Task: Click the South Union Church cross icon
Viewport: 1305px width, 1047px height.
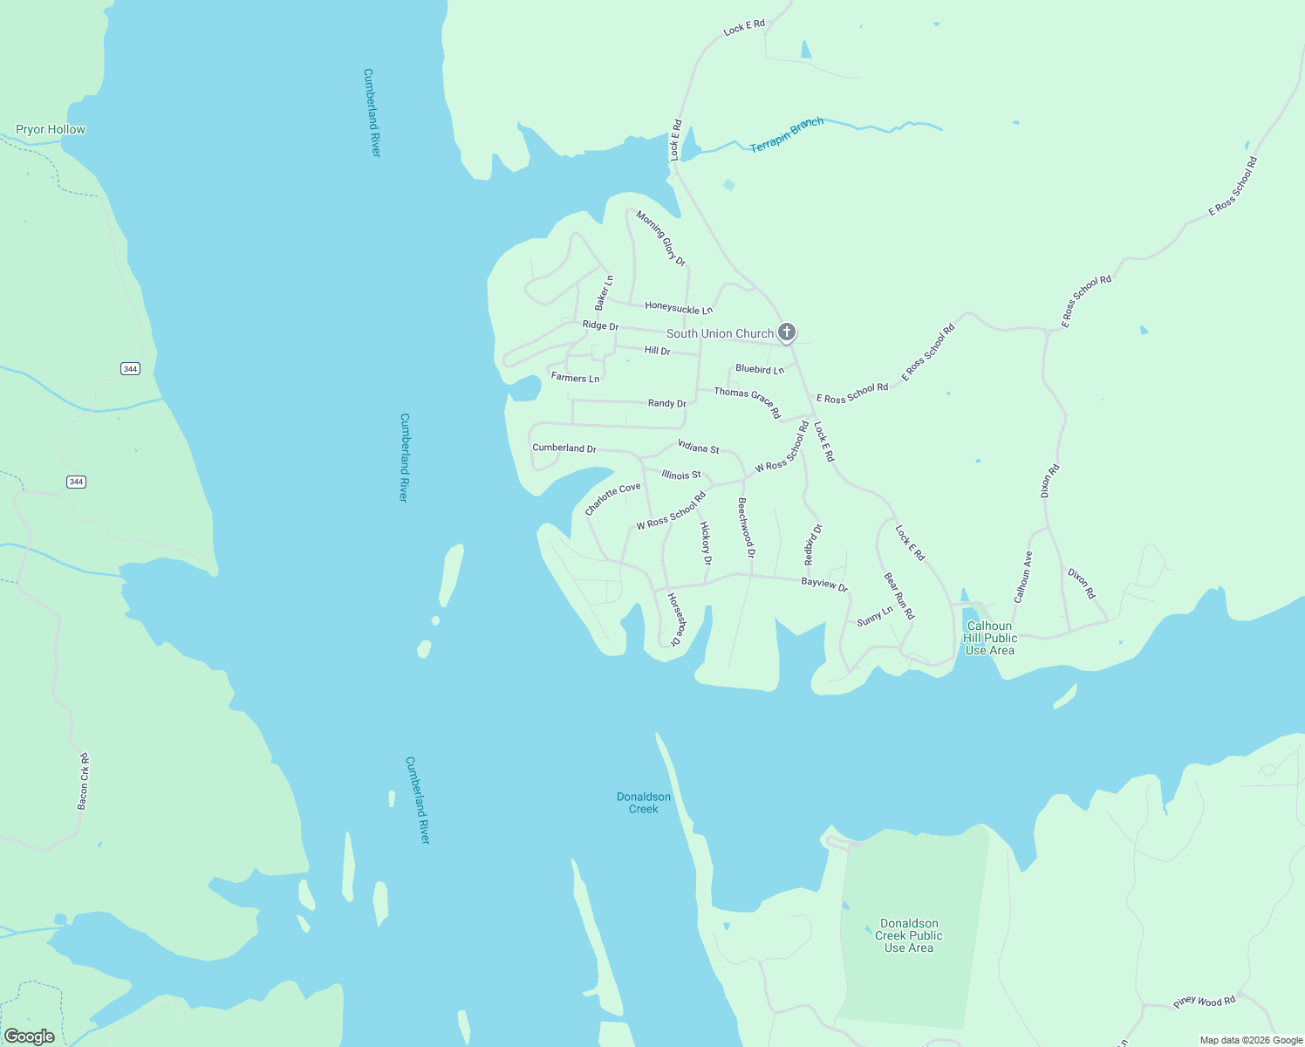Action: (787, 332)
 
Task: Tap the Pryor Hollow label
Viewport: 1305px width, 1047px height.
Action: (51, 130)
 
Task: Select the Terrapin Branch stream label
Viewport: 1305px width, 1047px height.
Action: (787, 134)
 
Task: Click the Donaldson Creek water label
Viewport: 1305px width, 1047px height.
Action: (644, 803)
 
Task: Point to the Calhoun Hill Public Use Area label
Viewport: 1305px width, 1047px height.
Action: (989, 638)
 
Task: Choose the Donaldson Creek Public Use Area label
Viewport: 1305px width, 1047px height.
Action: (909, 935)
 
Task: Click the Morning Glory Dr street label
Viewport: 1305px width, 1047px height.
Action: (660, 237)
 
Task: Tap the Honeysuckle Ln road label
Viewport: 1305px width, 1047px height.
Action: (679, 308)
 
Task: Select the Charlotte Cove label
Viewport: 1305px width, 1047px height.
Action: (612, 499)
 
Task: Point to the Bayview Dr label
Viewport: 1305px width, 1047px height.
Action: (824, 585)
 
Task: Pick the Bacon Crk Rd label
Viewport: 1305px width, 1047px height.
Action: (84, 781)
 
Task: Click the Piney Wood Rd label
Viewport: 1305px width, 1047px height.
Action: (1204, 1002)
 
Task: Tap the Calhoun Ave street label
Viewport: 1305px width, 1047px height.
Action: (1022, 577)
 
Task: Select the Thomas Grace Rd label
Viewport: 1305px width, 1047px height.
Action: (748, 402)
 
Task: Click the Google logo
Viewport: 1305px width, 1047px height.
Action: (30, 1037)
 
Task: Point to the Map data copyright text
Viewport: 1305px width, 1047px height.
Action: (1251, 1040)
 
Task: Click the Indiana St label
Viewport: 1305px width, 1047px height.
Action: (699, 448)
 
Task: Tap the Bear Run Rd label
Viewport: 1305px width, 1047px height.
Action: (898, 596)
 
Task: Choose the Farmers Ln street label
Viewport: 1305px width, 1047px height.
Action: (575, 378)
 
